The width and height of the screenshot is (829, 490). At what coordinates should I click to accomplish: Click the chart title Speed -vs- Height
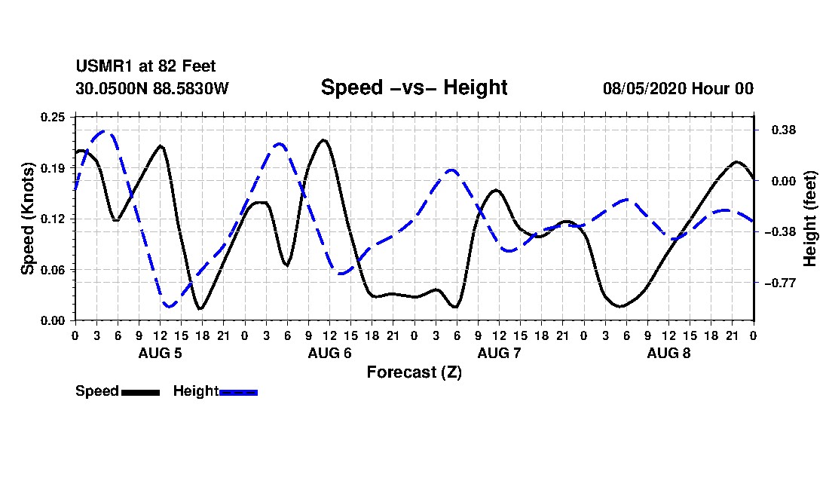coord(414,87)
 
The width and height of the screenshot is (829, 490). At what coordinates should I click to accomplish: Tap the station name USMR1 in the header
coord(105,66)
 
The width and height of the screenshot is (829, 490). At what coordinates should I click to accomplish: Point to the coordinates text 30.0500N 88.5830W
coord(151,88)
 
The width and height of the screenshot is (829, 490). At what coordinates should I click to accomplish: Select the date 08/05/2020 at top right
coord(644,88)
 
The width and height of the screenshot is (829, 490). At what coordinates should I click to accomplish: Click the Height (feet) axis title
coord(810,219)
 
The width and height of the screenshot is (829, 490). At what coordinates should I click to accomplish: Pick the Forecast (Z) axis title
coord(414,372)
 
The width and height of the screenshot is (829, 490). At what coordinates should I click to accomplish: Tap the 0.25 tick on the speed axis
coord(54,117)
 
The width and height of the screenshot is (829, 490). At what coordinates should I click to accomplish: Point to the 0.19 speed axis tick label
coord(54,168)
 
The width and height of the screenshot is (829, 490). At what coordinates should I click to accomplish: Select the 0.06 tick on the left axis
coord(54,270)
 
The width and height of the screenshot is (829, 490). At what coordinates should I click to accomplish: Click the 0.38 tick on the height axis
coord(784,130)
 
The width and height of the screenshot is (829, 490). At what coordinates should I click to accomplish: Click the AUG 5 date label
coord(161,353)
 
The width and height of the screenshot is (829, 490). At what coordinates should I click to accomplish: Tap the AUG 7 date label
coord(499,353)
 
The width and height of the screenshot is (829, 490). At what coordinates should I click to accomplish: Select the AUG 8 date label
coord(668,353)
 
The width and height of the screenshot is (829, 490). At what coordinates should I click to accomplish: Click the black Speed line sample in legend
coord(140,392)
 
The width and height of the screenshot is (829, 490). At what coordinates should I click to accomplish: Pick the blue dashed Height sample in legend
coord(238,392)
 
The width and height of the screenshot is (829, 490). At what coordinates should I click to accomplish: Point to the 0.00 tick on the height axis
coord(784,182)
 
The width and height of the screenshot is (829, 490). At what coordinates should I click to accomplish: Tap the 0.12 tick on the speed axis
coord(54,219)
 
